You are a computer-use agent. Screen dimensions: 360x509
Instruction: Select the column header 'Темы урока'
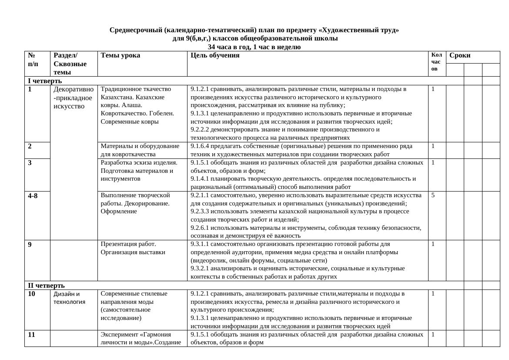(x=120, y=55)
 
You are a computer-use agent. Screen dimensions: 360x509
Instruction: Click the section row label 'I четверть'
(x=45, y=81)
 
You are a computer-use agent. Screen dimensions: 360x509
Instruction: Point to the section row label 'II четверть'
(x=46, y=286)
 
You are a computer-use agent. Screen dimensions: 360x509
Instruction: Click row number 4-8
(x=33, y=196)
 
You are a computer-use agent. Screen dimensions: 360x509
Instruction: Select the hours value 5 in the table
(x=433, y=195)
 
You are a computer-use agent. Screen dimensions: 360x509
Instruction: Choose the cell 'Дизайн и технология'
(x=70, y=298)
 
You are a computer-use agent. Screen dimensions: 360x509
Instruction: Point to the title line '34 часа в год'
(x=254, y=47)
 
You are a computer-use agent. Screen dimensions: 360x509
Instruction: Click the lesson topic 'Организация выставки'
(x=133, y=252)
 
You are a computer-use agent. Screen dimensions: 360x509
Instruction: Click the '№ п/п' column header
(x=33, y=60)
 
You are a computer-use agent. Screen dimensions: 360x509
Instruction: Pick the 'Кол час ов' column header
(x=436, y=61)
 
